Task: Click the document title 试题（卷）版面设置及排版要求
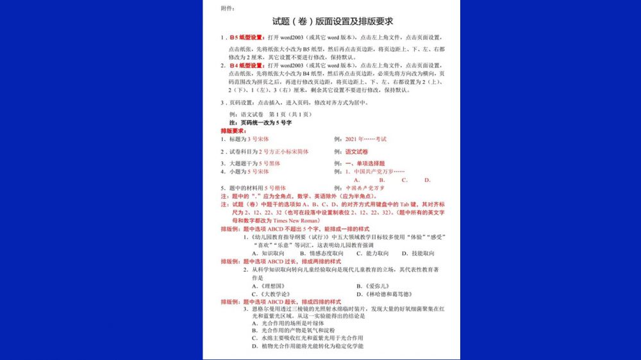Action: point(333,22)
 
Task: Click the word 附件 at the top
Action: point(228,8)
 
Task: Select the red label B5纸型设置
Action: point(247,37)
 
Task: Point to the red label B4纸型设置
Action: point(247,65)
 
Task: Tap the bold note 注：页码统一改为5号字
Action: point(260,122)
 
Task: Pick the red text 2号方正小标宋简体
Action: point(283,152)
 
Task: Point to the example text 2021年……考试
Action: point(366,139)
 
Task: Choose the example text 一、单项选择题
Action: point(374,163)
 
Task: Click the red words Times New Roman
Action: point(280,220)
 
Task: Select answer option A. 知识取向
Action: point(268,253)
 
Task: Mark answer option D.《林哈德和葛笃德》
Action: point(384,294)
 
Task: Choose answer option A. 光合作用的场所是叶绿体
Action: point(289,323)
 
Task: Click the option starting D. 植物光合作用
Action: point(308,346)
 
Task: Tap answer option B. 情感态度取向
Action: point(322,253)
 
